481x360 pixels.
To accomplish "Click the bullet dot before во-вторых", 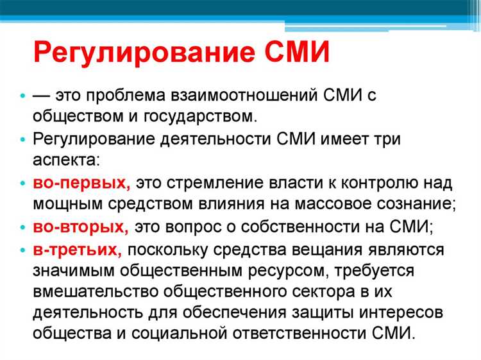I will [x=24, y=227].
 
